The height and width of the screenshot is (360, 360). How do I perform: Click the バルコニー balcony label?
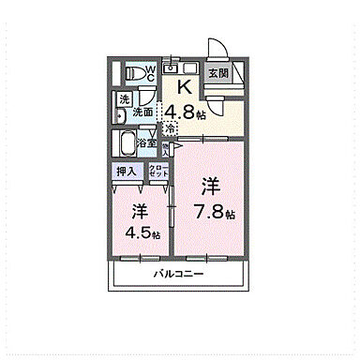pyautogui.click(x=179, y=273)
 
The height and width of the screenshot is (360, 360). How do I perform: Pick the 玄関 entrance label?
pyautogui.click(x=217, y=72)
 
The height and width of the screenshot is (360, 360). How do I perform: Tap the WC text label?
pyautogui.click(x=148, y=74)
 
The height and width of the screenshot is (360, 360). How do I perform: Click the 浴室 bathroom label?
pyautogui.click(x=147, y=144)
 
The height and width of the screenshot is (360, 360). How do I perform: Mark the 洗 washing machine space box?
pyautogui.click(x=124, y=99)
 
